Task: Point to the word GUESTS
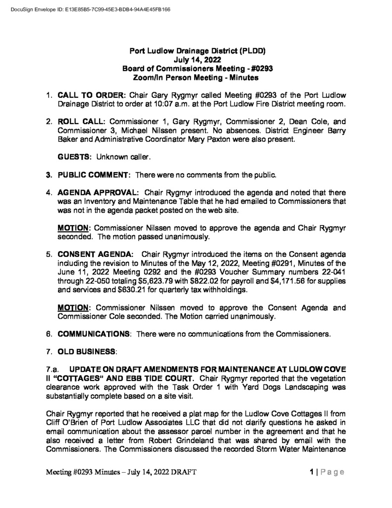coord(75,157)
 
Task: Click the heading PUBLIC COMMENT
coord(94,175)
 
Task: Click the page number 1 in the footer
coord(310,472)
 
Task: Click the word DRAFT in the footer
coord(183,472)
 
